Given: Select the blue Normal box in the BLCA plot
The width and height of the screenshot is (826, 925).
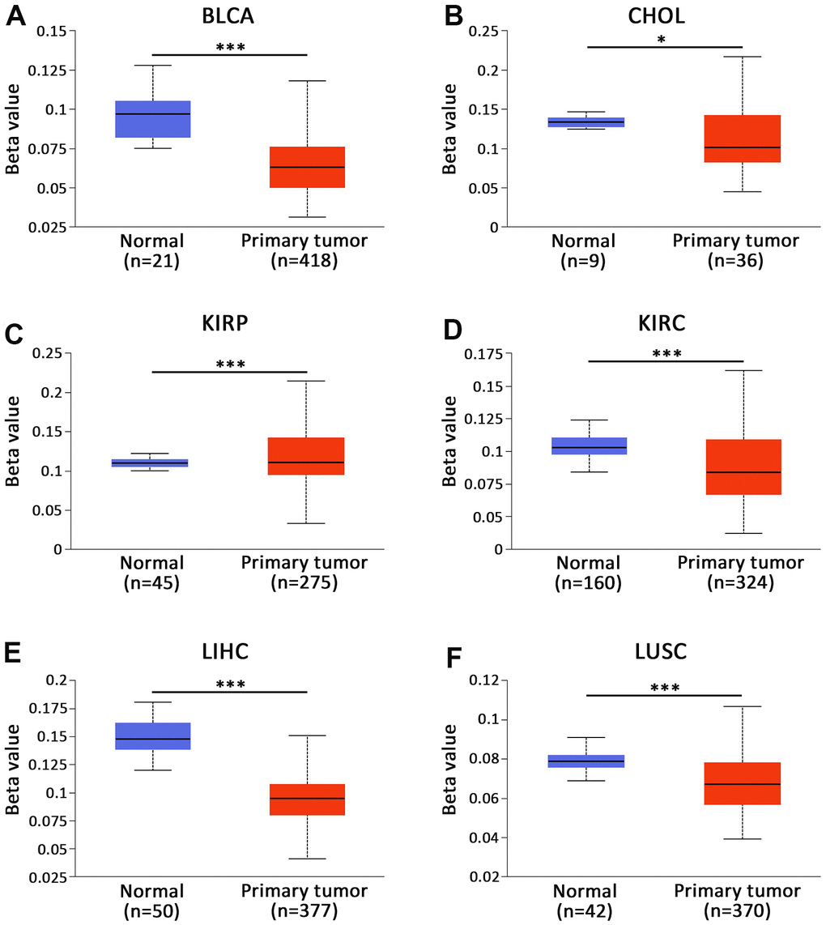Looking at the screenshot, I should [x=152, y=119].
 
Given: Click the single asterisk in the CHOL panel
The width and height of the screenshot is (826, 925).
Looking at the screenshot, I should [x=662, y=38].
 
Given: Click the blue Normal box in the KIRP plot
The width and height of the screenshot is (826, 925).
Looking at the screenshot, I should [x=152, y=462].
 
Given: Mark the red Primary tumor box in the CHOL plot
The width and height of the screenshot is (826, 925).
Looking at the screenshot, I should [x=743, y=139].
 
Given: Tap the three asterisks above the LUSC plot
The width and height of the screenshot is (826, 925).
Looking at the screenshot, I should [x=665, y=688].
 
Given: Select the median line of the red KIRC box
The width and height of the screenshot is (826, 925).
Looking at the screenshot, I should [x=743, y=472].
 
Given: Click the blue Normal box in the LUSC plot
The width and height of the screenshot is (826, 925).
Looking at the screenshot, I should [x=587, y=761].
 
